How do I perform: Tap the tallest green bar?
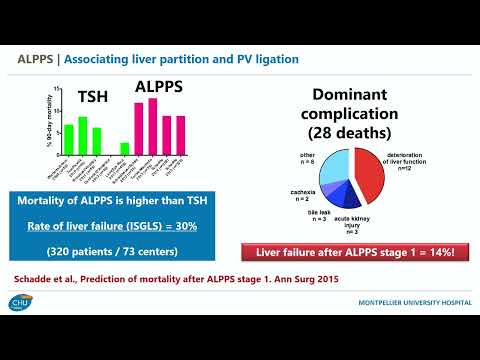click(83, 135)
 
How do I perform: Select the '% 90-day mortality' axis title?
click(51, 121)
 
